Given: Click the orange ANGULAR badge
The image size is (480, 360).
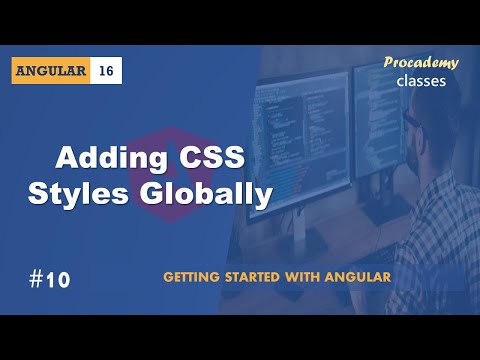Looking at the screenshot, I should point(51,71).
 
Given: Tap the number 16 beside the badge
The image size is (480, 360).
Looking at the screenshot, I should point(107,71).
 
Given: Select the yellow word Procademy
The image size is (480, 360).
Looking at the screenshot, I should point(421,63).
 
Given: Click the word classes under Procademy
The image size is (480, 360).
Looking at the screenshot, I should point(421,82).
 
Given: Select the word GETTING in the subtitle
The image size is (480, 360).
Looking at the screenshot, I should point(195,276).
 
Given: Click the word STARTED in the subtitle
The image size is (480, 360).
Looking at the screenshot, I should point(262,276).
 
